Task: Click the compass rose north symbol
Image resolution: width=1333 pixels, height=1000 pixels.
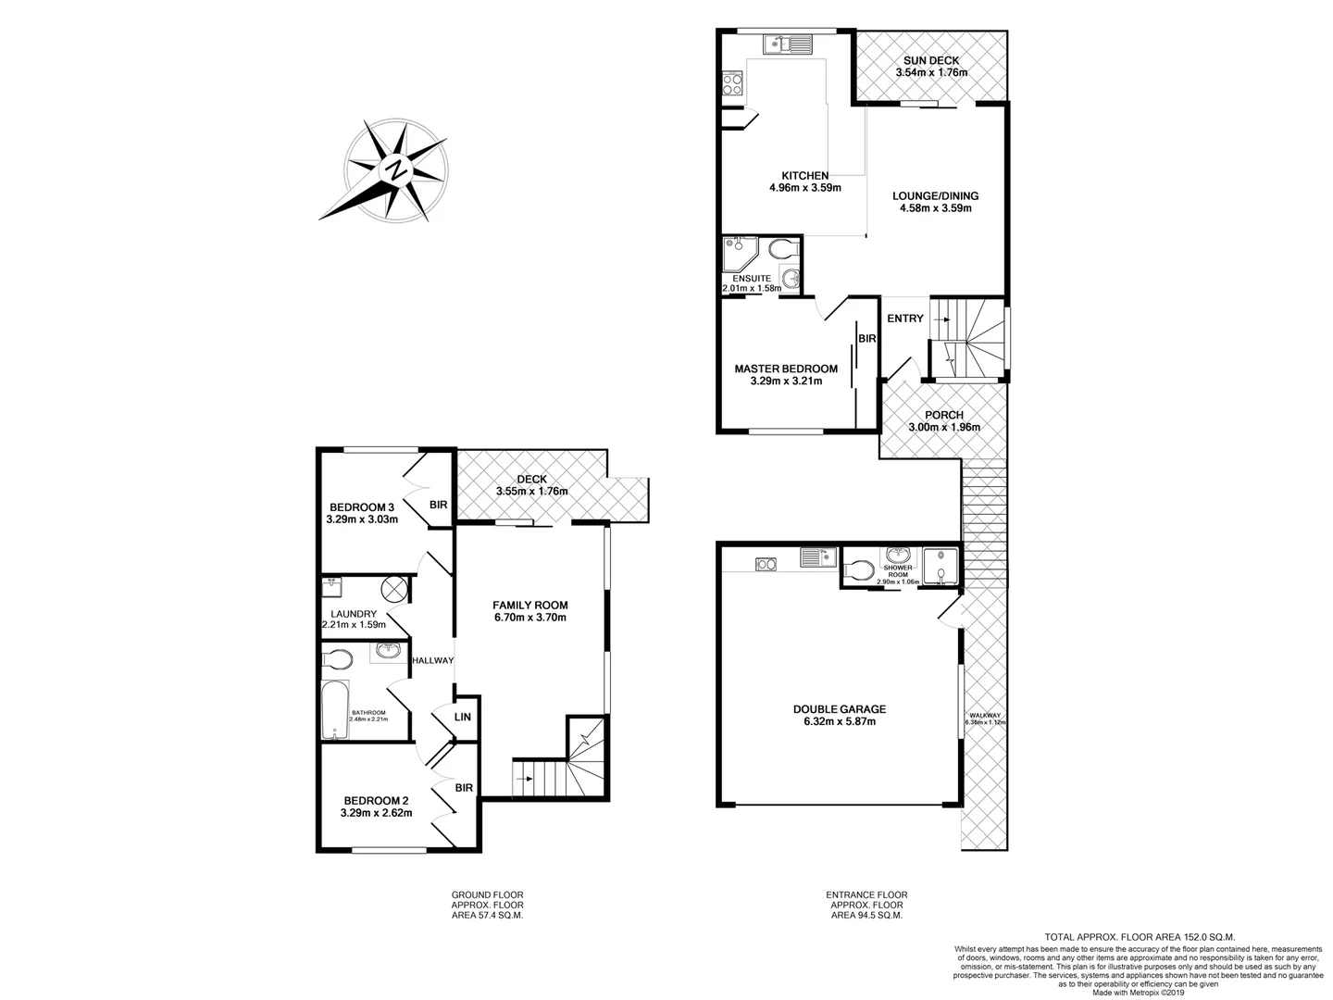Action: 397,170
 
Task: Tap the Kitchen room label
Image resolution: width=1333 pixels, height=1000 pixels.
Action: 804,176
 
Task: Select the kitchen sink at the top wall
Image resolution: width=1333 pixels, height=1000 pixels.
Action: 788,44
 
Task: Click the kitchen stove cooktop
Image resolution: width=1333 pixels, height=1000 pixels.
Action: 731,85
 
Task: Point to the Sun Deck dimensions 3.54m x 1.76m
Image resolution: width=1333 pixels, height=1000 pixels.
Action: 931,73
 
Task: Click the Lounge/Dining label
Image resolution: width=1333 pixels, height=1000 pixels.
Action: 935,196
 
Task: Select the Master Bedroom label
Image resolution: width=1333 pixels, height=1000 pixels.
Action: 785,369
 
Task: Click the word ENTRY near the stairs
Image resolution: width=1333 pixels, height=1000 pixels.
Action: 904,319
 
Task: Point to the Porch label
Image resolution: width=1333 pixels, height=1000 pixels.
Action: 943,415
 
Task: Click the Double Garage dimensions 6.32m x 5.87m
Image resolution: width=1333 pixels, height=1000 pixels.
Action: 833,722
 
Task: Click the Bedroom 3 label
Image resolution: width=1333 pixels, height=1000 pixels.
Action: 362,506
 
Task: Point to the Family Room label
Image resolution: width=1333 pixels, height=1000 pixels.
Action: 529,605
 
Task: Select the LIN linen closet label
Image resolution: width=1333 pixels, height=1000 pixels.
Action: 463,718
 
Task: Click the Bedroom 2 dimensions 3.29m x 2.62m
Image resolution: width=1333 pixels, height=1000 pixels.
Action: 376,813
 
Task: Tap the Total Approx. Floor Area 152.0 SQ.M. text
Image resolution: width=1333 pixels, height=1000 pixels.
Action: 1140,937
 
